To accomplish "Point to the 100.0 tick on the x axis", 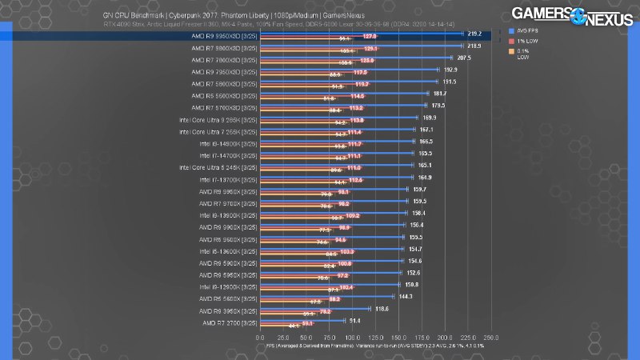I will [353, 338].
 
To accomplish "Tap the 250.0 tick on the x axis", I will [492, 338].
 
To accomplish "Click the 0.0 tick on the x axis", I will [260, 338].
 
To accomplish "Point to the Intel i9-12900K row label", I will [226, 285].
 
